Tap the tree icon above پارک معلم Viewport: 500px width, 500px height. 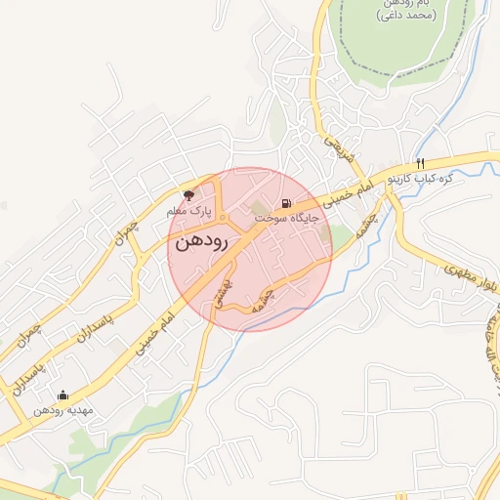tap(190, 194)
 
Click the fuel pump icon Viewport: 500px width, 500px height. tap(286, 205)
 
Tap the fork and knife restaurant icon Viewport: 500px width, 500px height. tap(420, 163)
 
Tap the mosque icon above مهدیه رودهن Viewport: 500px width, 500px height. tap(63, 396)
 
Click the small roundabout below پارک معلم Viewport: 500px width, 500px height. tap(223, 217)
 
